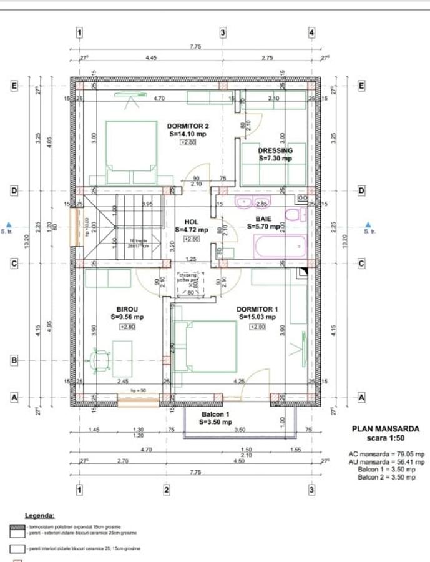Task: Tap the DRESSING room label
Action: point(275,150)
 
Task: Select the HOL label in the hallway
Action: point(191,222)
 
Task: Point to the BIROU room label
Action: point(127,309)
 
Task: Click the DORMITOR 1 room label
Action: point(257,309)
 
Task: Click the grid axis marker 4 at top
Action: point(311,32)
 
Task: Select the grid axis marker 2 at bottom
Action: point(167,490)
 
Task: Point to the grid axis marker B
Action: point(13,360)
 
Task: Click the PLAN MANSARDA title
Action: point(386,429)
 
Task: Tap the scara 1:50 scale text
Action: point(386,438)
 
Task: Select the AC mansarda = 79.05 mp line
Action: point(386,455)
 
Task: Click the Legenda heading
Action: point(39,516)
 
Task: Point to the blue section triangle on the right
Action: point(368,224)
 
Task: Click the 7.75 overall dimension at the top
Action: point(195,46)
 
